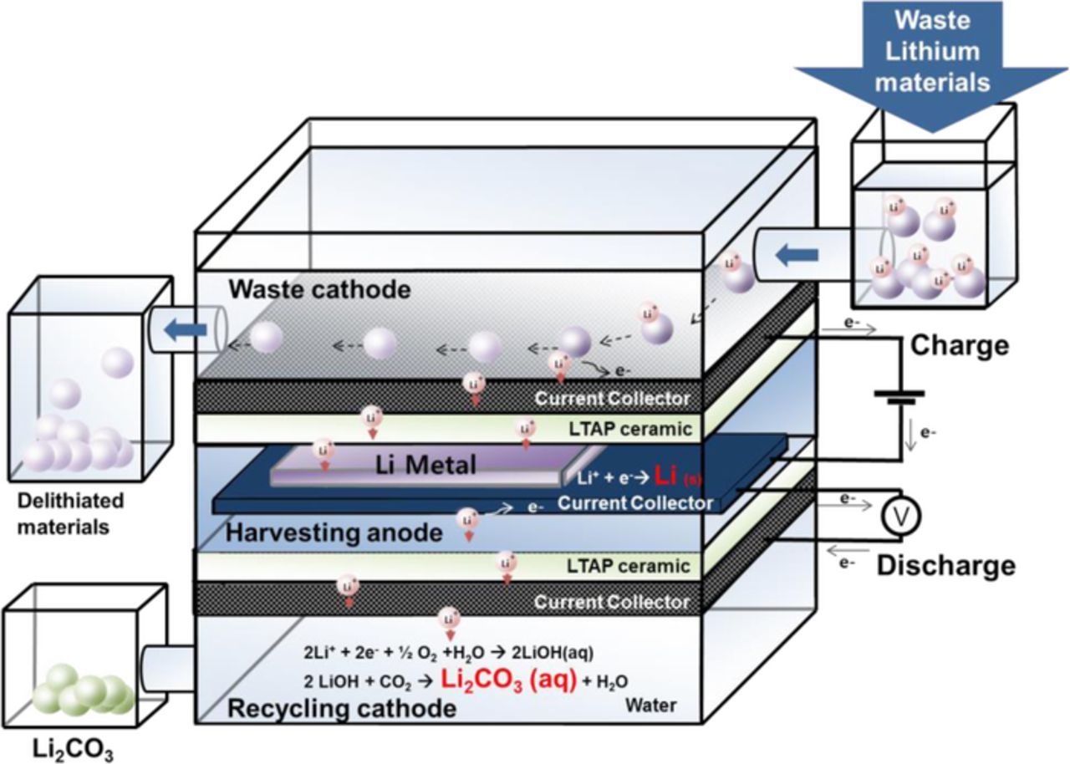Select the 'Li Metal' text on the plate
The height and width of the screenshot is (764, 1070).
[426, 465]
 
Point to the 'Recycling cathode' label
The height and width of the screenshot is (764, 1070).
[342, 709]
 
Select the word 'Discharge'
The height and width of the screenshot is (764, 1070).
[945, 566]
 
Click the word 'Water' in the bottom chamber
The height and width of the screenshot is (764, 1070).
[651, 706]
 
